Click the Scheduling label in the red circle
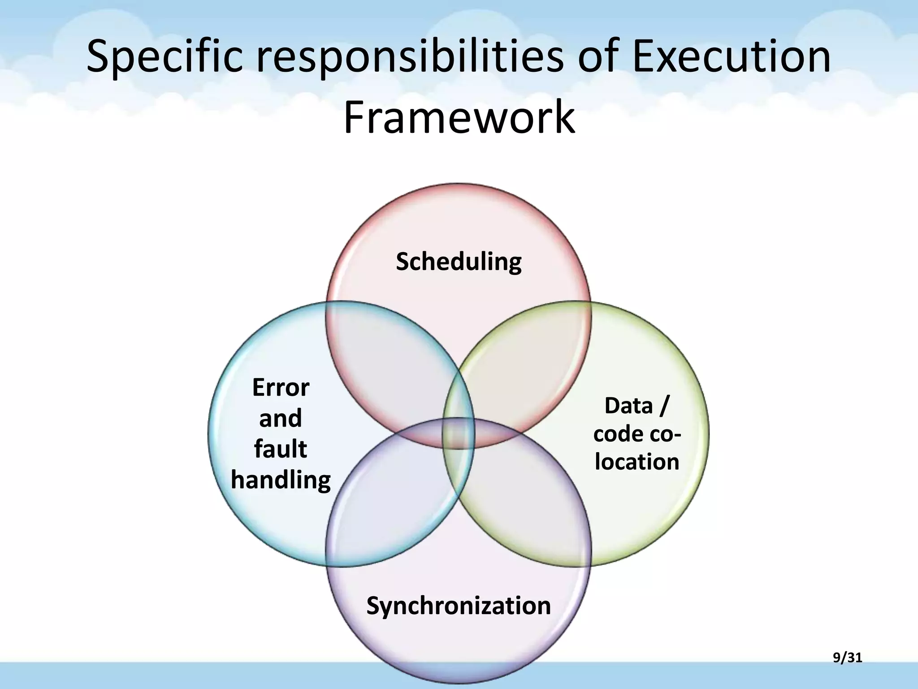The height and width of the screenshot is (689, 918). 459,262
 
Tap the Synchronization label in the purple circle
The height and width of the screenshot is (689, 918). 459,606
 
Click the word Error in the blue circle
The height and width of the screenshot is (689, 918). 281,388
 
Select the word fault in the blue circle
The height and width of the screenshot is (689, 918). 281,449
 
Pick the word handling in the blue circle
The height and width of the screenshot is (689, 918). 281,480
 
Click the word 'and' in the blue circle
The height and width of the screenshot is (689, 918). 281,418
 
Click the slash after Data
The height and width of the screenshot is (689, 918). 663,406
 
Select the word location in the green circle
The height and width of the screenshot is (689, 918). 637,462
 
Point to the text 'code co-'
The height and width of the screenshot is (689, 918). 637,434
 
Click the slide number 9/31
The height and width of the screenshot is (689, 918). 847,658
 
